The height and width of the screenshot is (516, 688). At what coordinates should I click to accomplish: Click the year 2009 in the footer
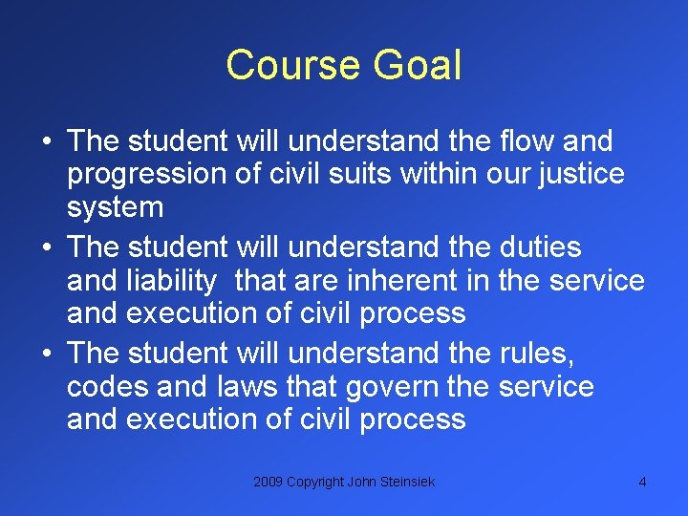(269, 483)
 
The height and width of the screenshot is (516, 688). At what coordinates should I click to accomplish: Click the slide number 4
(642, 483)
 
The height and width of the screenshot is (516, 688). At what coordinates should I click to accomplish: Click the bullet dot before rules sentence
(47, 355)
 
